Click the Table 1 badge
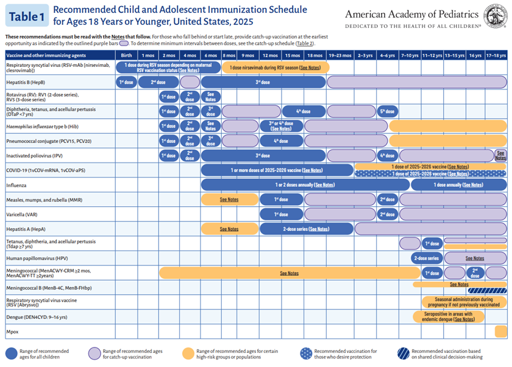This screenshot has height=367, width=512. click(x=26, y=16)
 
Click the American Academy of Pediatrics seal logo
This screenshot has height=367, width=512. click(x=496, y=15)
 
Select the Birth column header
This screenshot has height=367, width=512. click(x=126, y=55)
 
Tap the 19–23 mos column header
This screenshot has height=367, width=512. click(x=340, y=55)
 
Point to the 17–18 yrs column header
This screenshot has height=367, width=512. click(x=496, y=55)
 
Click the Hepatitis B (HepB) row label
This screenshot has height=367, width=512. click(x=26, y=82)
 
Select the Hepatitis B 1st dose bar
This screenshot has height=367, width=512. click(x=126, y=82)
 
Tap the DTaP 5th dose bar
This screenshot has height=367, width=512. click(x=387, y=111)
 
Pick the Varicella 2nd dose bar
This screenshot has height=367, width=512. click(x=387, y=214)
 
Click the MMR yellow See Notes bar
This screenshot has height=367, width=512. click(x=229, y=200)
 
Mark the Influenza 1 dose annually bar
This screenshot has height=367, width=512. click(x=458, y=185)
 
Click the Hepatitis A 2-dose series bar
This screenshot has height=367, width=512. click(x=306, y=229)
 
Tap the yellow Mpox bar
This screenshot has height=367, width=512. click(x=500, y=332)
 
